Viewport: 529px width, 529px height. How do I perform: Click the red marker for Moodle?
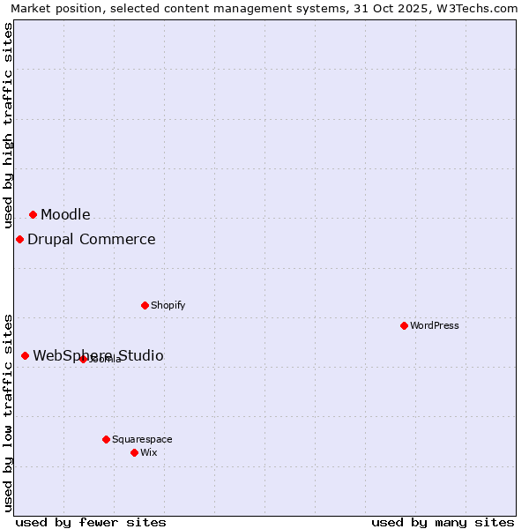(x=33, y=214)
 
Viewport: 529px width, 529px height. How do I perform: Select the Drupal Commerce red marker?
(x=19, y=239)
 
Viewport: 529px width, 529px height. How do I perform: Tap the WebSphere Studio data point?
(x=25, y=355)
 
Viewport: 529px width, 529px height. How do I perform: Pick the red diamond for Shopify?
(x=145, y=305)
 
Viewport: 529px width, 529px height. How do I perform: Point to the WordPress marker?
(x=404, y=325)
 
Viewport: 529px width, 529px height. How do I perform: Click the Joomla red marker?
(x=83, y=359)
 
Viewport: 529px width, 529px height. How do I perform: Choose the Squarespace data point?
(x=106, y=439)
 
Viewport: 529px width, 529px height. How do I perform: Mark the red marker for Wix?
(x=134, y=452)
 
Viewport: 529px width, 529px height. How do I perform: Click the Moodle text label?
(x=65, y=214)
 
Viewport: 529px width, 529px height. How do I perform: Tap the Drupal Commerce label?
(x=91, y=239)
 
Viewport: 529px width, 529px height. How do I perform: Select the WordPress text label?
(x=435, y=325)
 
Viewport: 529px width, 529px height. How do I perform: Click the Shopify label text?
(x=168, y=305)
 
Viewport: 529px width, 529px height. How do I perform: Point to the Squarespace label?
(x=142, y=439)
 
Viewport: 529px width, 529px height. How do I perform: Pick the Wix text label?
(x=148, y=452)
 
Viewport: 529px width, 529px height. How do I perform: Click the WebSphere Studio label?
(x=98, y=355)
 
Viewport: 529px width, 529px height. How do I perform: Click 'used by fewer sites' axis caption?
(x=91, y=522)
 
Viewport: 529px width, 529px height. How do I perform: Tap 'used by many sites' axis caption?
(x=443, y=522)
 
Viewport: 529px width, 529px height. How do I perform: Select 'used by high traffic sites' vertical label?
(x=8, y=126)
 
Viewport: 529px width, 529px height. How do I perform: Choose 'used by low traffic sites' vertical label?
(x=8, y=413)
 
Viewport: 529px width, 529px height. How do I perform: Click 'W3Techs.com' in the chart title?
(x=483, y=9)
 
